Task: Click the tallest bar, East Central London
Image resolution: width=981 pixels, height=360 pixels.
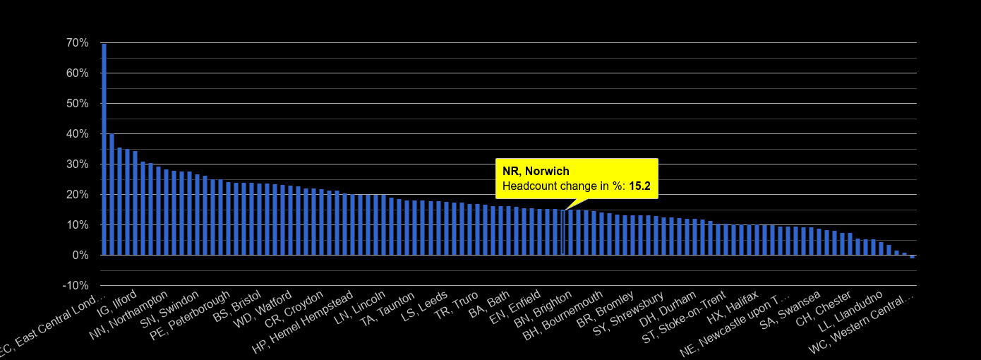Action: pos(104,149)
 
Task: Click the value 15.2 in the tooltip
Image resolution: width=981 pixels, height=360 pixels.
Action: pos(639,187)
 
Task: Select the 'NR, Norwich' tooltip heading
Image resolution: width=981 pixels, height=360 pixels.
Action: pos(536,172)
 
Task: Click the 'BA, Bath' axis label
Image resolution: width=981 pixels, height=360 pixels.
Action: pos(488,303)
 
